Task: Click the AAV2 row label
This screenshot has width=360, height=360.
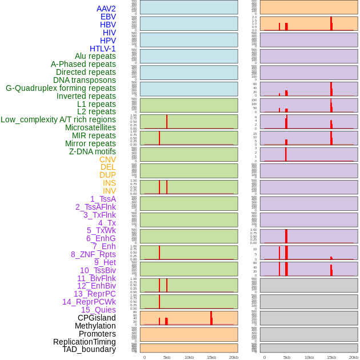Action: pos(106,9)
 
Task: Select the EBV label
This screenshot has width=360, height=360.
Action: pos(108,17)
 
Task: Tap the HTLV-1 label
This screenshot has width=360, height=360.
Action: pos(102,49)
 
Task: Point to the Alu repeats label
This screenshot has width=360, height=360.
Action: pos(95,56)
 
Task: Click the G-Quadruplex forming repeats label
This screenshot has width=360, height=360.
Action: pos(61,88)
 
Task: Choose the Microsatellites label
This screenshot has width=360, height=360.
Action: pos(90,127)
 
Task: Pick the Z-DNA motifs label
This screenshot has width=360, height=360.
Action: pos(93,151)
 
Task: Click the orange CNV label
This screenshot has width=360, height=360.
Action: pos(107,159)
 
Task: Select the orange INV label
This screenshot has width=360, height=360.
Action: pos(109,191)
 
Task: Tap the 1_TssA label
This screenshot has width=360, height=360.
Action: pos(103,199)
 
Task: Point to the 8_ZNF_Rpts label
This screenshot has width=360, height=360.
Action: pos(93,254)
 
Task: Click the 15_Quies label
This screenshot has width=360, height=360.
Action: pos(98,310)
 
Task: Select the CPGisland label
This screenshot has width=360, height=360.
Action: pos(97,318)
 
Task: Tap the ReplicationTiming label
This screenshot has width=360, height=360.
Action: pos(85,342)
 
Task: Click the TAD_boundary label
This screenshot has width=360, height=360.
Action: pos(89,349)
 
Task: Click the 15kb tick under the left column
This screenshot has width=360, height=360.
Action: pos(211,357)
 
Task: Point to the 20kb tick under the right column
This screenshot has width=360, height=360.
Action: pos(354,357)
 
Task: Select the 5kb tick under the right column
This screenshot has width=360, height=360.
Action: pos(287,357)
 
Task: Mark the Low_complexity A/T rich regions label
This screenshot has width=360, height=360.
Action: pos(58,119)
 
